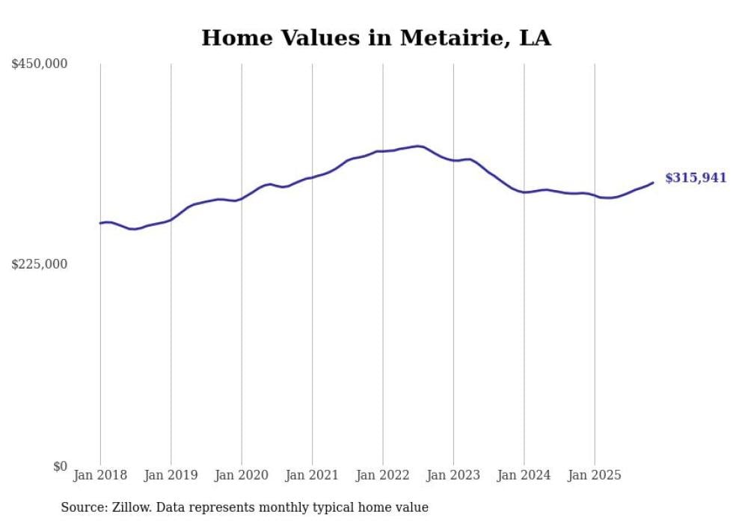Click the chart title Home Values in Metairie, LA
375,38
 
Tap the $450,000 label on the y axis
39,64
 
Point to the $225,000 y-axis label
39,264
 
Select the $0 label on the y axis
60,466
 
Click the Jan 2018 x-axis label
100,475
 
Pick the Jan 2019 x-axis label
171,475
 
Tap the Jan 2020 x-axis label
242,475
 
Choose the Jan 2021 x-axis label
312,475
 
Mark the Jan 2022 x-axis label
383,475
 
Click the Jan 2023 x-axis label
453,475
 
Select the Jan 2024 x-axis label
524,475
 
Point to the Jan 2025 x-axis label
595,475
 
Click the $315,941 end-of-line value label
696,178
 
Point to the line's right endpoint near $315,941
653,182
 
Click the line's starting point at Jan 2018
100,223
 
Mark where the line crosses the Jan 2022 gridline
383,151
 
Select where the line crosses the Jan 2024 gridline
524,192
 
